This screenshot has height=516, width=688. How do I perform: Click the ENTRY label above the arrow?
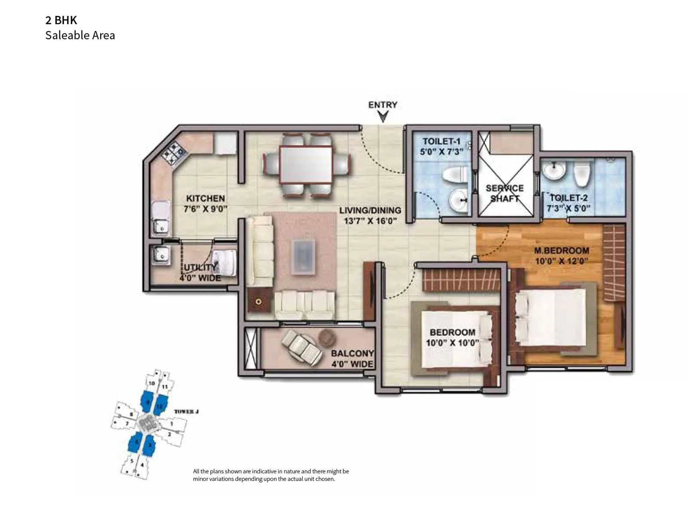(383, 104)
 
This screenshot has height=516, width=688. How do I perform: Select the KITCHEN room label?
(206, 199)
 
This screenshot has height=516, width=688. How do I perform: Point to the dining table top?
(306, 164)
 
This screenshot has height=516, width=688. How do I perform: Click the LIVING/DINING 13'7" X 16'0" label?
(370, 215)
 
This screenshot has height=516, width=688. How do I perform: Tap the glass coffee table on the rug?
(303, 257)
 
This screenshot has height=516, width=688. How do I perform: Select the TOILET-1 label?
(441, 141)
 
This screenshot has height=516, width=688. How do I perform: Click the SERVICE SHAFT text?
(505, 193)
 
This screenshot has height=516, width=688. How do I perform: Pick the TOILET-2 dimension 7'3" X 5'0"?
(568, 209)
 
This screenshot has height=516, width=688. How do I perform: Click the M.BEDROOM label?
(562, 251)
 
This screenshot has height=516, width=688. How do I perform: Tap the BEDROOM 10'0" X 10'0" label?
(452, 338)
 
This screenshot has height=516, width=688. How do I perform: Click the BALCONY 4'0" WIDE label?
(352, 359)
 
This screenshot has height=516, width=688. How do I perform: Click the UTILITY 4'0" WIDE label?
(200, 273)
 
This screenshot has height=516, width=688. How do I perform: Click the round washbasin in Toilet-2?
(553, 170)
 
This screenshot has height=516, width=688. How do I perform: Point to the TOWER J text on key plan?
(186, 412)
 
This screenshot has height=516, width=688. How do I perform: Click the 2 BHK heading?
(61, 20)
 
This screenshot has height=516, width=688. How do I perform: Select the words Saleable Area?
(80, 35)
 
